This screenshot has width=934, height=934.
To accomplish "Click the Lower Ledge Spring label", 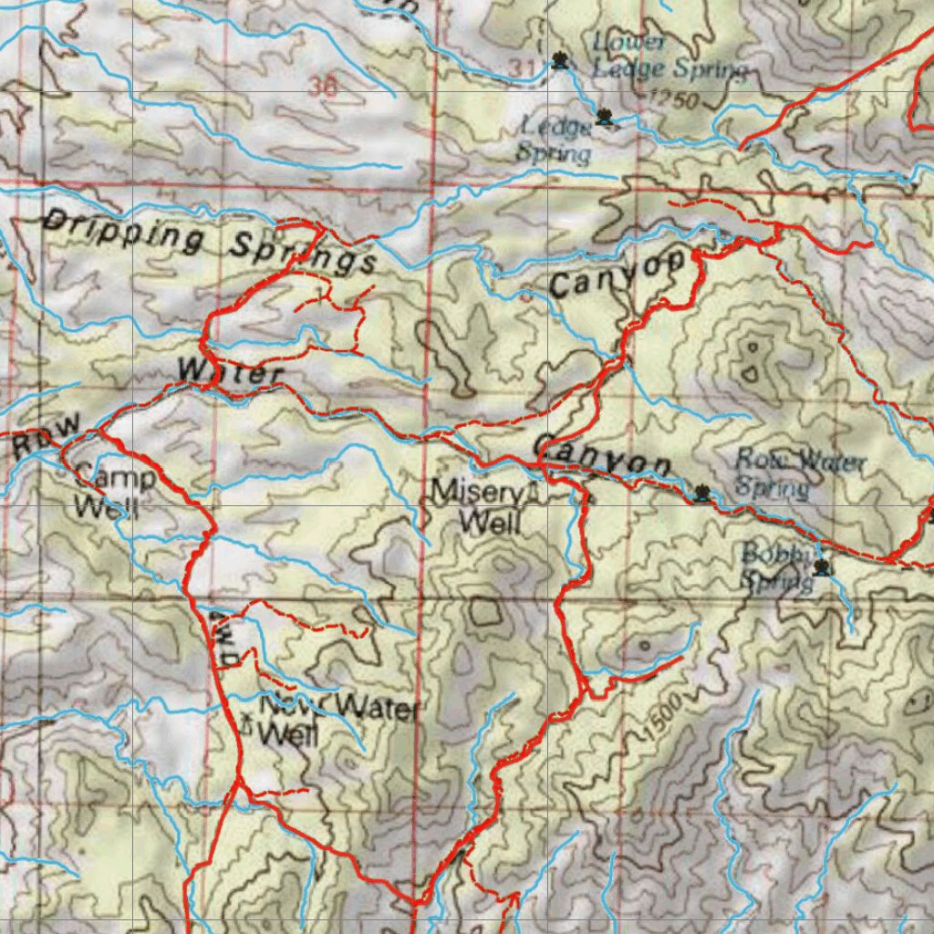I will tap(669, 55).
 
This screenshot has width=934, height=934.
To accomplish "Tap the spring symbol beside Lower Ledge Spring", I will tap(560, 62).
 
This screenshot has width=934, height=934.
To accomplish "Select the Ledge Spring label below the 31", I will tap(555, 140).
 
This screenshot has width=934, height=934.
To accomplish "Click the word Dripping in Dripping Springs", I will tap(124, 232).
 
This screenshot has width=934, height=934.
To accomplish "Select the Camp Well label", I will tap(112, 491).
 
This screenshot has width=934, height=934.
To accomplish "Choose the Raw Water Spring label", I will tap(798, 472).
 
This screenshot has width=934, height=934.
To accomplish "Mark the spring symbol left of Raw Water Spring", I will tap(701, 493).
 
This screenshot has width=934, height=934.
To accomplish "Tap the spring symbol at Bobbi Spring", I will tap(824, 568).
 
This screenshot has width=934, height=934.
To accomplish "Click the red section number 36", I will tap(322, 88).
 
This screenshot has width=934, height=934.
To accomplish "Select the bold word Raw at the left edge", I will tap(47, 439).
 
